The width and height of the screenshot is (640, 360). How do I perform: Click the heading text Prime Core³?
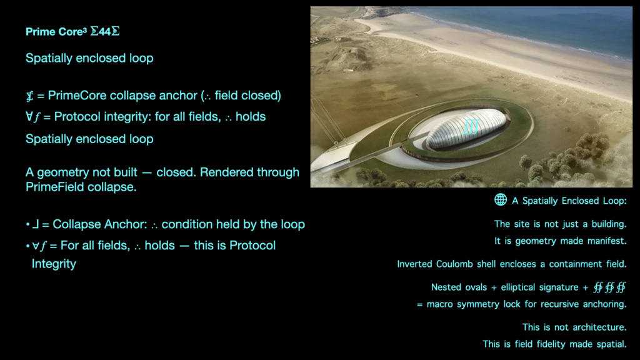pyautogui.click(x=56, y=32)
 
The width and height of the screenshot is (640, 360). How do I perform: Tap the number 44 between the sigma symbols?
pyautogui.click(x=105, y=32)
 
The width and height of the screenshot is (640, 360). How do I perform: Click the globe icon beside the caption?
pyautogui.click(x=501, y=199)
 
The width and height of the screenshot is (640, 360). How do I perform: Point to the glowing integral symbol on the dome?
pyautogui.click(x=471, y=126)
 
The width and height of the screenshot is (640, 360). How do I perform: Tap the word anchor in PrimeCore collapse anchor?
pyautogui.click(x=178, y=96)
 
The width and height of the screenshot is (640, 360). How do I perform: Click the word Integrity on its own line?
pyautogui.click(x=54, y=264)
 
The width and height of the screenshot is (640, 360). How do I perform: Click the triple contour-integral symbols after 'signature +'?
pyautogui.click(x=610, y=287)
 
